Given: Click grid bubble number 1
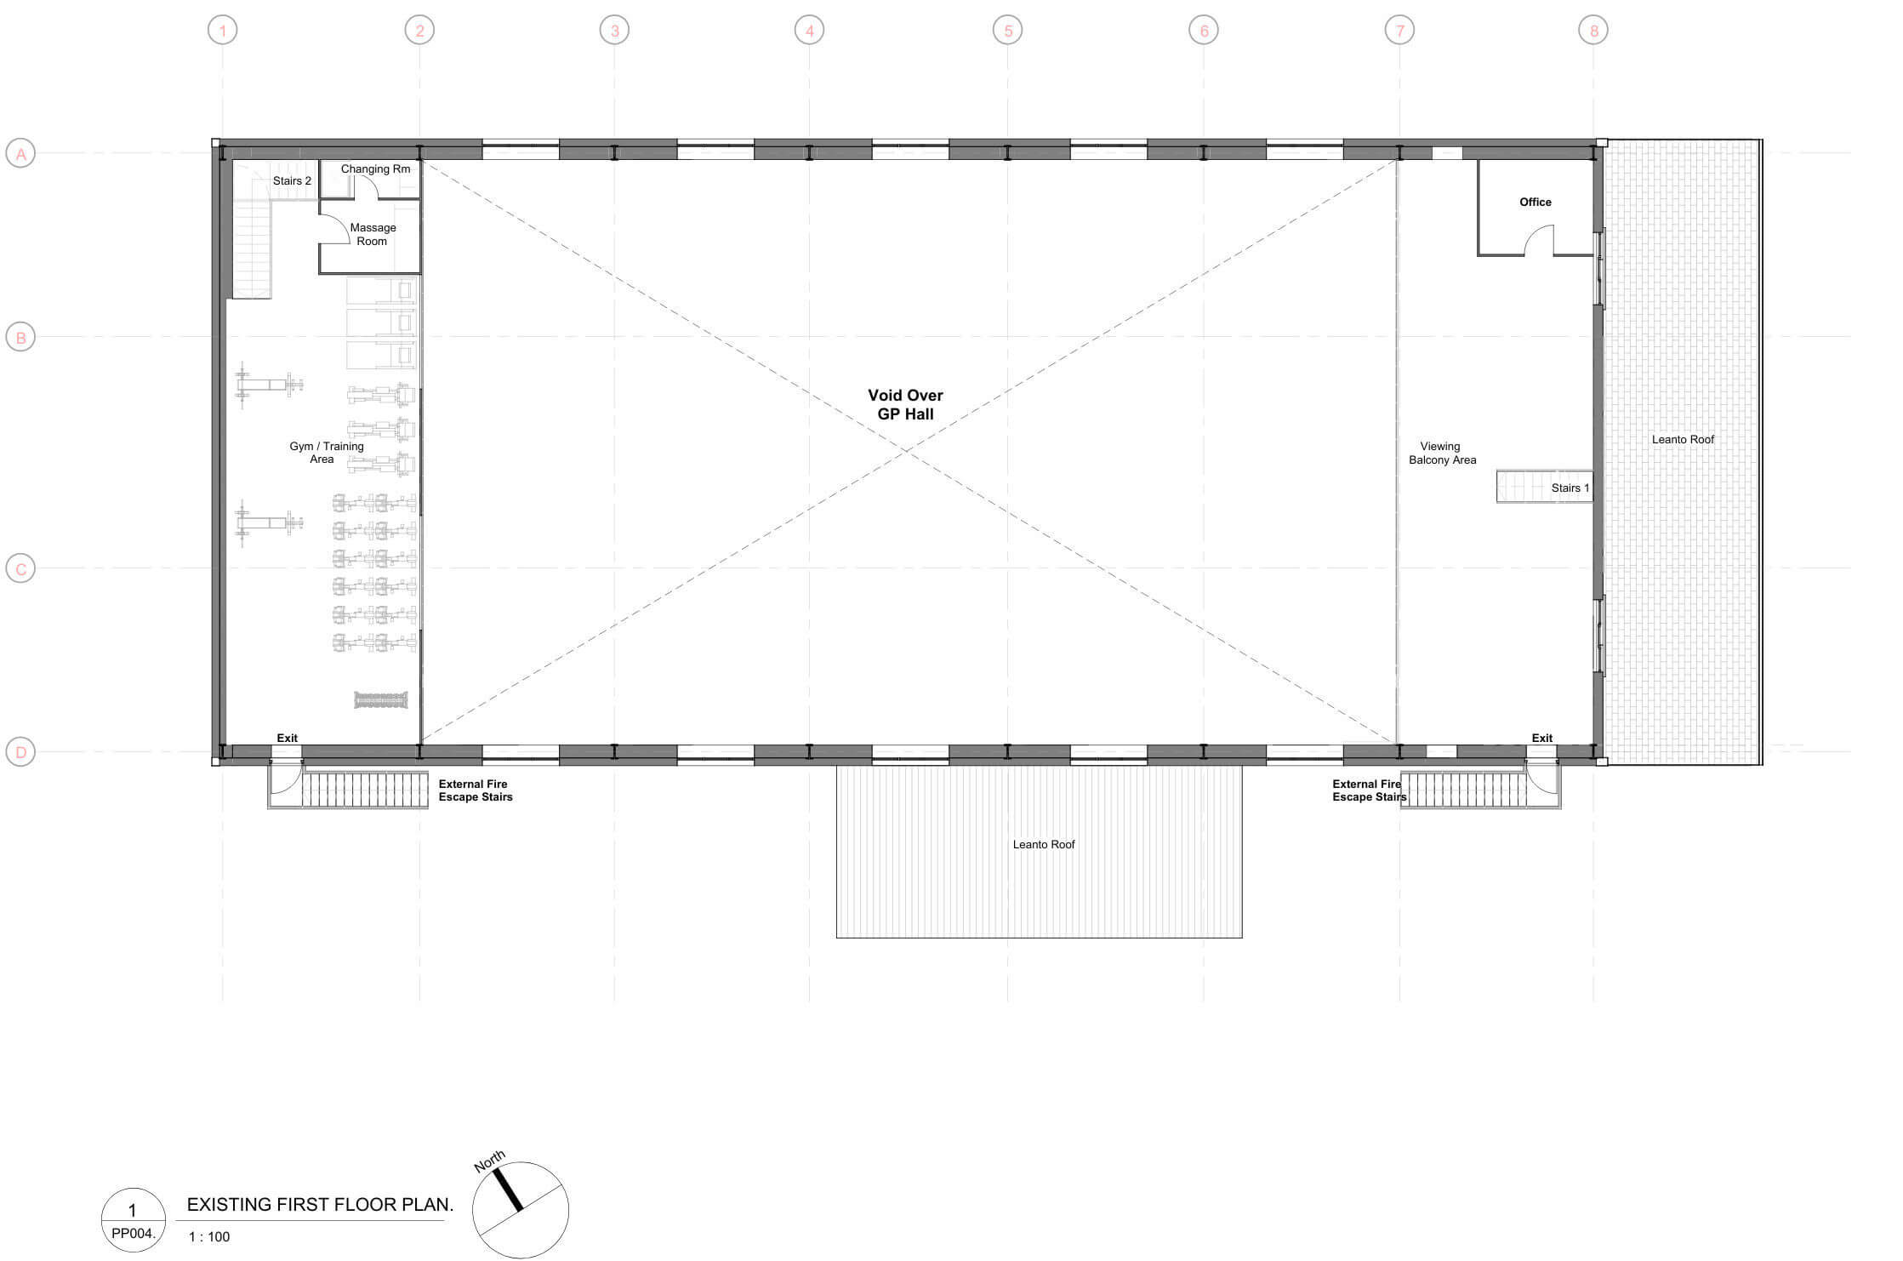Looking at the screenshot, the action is click(223, 31).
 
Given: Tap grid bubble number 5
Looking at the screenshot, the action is click(1008, 31).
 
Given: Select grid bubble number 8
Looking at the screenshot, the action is click(1593, 31).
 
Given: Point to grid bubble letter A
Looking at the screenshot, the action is click(20, 154).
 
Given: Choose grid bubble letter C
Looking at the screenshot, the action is click(20, 568).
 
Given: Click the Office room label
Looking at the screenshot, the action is click(1536, 202).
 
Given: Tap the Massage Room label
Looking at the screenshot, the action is click(373, 234).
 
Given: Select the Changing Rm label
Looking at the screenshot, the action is click(375, 168).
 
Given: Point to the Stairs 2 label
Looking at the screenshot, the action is click(292, 181).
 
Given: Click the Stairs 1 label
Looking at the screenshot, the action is click(1570, 488).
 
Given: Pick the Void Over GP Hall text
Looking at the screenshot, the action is click(905, 404).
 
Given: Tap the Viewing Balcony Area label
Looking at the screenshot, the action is click(1442, 453).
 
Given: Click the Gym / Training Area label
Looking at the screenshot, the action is click(326, 452).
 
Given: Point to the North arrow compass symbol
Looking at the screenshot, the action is click(519, 1208).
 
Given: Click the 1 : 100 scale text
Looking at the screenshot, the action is click(209, 1236).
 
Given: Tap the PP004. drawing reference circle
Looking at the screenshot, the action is click(133, 1220).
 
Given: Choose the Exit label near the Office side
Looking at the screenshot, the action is click(1541, 738).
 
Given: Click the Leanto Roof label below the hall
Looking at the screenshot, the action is click(1044, 844).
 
